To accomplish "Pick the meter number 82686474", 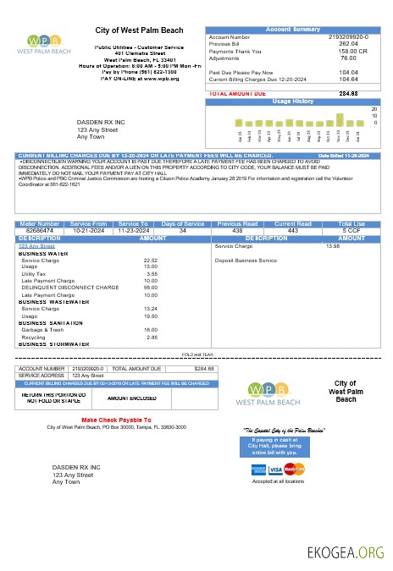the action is coord(40,230).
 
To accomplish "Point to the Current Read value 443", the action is coord(293,230).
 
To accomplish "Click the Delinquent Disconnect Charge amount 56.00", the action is coord(152,288).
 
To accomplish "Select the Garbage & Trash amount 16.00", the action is coord(152,330).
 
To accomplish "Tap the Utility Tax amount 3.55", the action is coord(152,274).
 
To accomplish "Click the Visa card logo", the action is coord(275,469).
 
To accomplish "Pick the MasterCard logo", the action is coord(294,469).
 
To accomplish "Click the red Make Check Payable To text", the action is coord(117,420).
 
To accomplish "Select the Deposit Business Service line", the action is coord(246,261).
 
